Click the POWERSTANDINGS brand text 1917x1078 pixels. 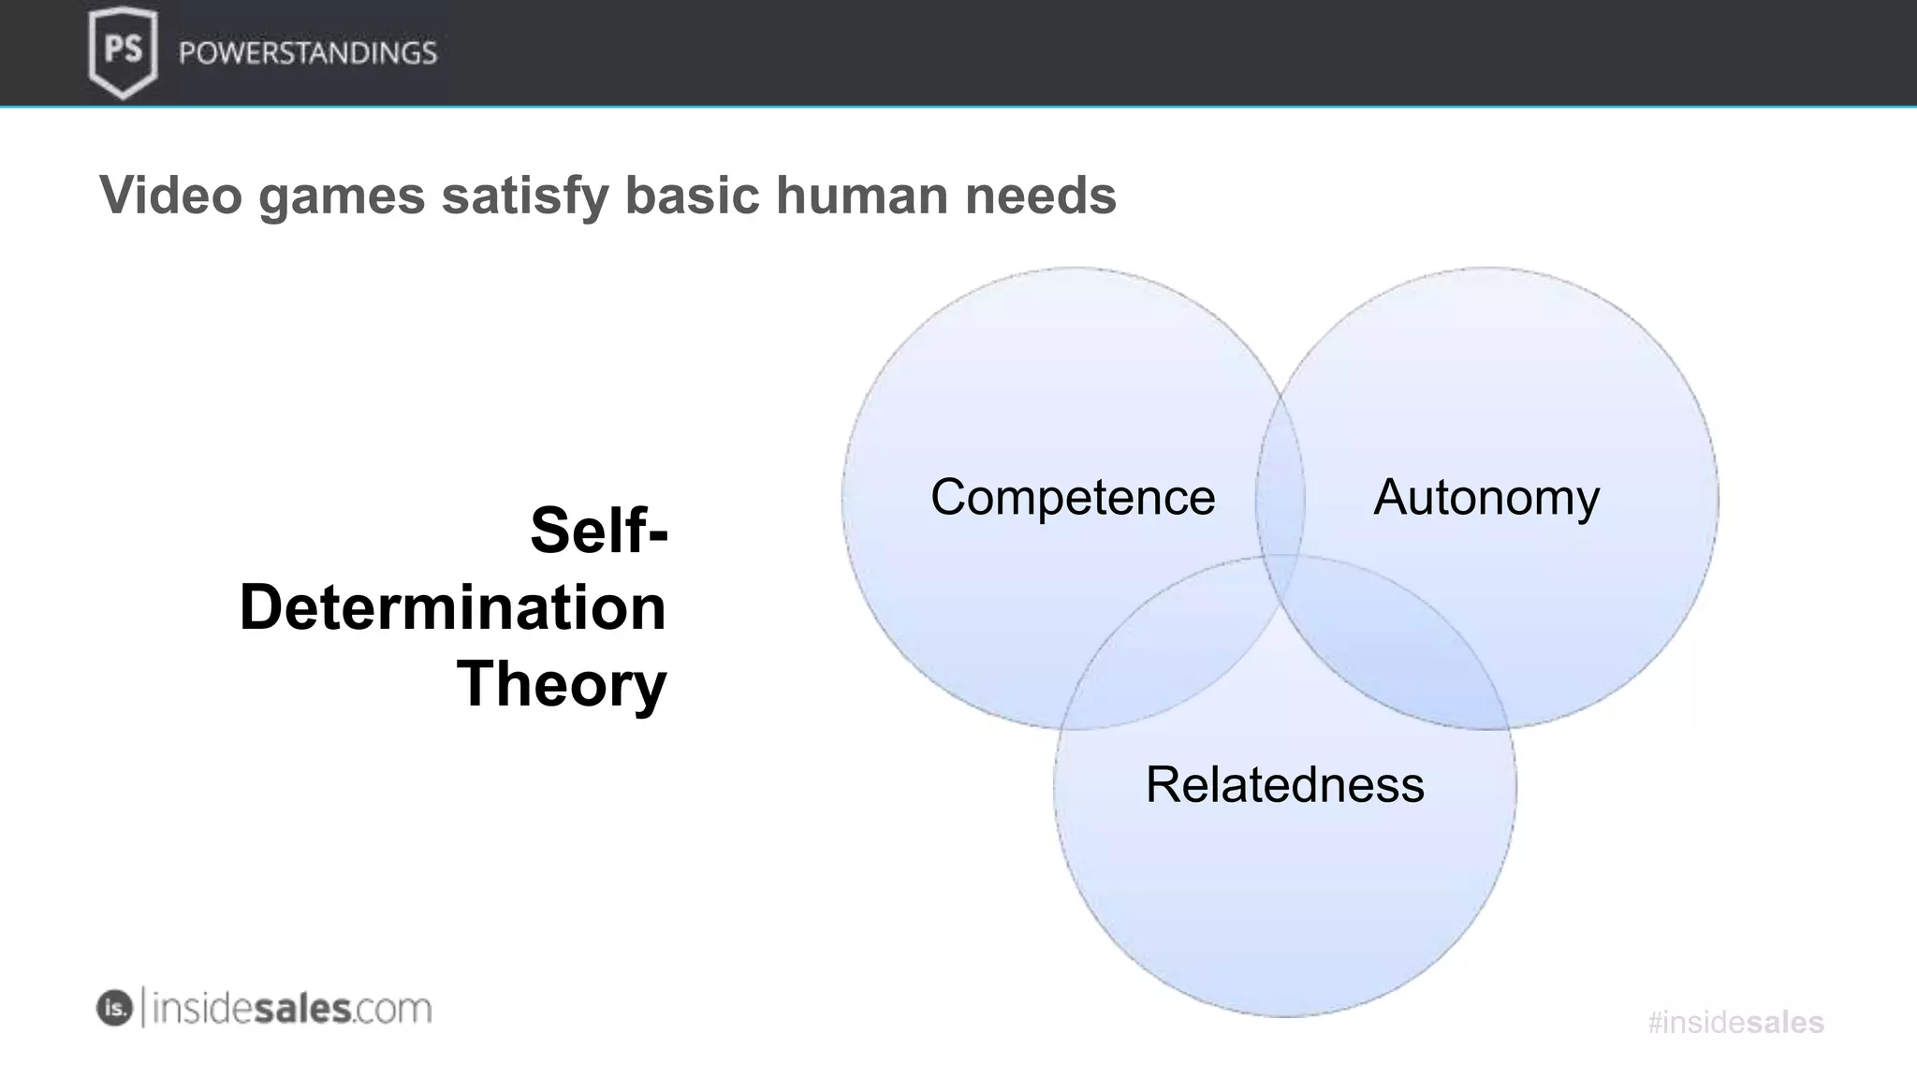tap(308, 52)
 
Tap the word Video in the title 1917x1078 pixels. tap(170, 196)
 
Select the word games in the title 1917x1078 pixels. tap(342, 196)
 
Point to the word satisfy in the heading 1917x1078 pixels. tap(524, 196)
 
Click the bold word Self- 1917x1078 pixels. tap(599, 530)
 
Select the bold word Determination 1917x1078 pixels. tap(453, 607)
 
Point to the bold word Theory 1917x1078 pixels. tap(562, 684)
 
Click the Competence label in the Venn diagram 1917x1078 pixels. tap(1073, 497)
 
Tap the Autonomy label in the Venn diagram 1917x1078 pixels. tap(1486, 497)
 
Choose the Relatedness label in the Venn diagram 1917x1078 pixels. tap(1284, 784)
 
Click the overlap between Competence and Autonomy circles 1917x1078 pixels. tap(1280, 487)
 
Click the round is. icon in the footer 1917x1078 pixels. tap(114, 1008)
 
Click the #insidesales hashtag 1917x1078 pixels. tap(1735, 1022)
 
